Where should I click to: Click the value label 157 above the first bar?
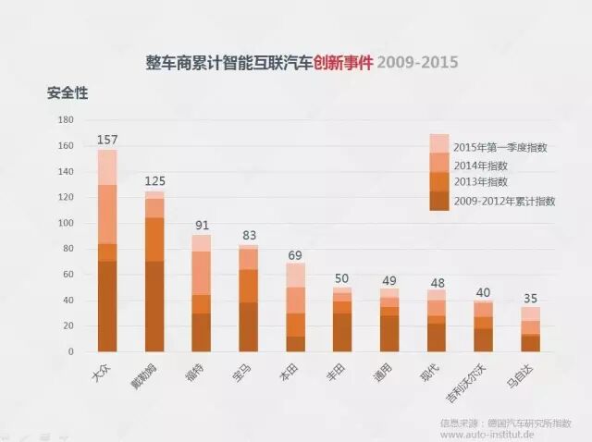[107, 140]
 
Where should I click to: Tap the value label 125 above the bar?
[154, 180]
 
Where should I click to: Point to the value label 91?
[201, 225]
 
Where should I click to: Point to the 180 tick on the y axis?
[66, 120]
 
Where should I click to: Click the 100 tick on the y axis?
[66, 223]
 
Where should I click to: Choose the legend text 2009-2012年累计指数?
[504, 200]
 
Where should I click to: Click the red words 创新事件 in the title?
[343, 63]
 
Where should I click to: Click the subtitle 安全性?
[68, 93]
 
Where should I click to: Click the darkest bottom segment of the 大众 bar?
[107, 306]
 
